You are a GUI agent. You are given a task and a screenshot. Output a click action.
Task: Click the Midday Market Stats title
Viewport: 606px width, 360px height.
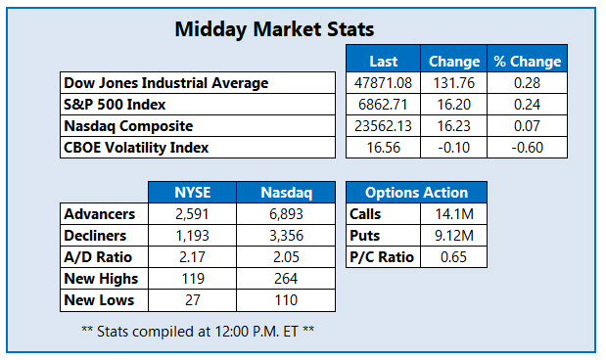click(273, 29)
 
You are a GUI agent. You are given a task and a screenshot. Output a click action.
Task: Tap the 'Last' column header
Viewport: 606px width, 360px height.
click(383, 61)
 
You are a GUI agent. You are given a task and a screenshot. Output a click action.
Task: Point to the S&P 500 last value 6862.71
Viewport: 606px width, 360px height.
click(383, 104)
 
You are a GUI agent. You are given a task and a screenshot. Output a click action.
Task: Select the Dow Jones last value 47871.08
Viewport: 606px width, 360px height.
click(383, 82)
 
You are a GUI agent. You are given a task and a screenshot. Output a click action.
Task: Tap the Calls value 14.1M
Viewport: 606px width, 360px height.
click(451, 214)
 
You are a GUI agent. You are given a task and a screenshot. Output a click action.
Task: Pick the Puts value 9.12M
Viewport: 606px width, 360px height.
click(451, 236)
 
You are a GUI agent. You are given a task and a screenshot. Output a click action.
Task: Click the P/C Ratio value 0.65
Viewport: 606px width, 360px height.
click(451, 257)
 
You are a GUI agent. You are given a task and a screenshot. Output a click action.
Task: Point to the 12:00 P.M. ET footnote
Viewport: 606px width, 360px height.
click(198, 331)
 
